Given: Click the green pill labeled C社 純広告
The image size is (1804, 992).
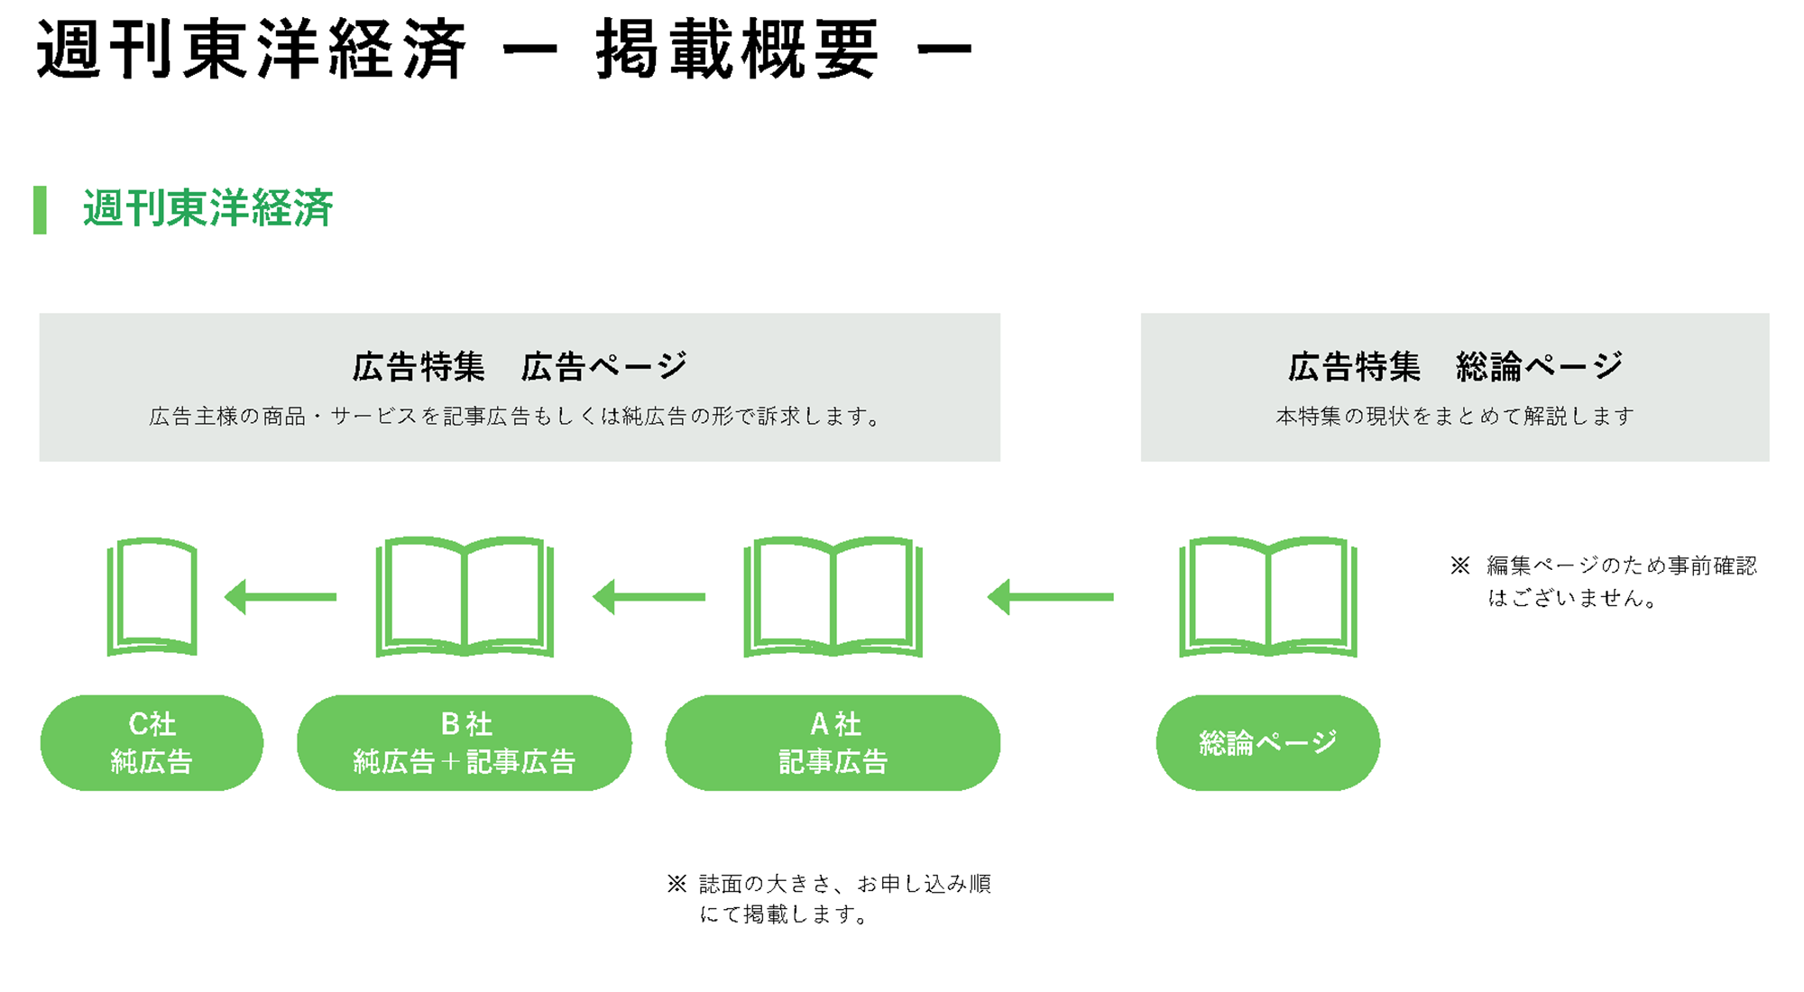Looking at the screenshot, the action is click(152, 742).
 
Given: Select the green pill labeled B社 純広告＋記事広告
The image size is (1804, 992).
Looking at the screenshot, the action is click(464, 742).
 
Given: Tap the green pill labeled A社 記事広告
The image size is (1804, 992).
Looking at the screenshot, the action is click(833, 742).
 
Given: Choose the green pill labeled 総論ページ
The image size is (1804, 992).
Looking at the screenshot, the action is click(1267, 742).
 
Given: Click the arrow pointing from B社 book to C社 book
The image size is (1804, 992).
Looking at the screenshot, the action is click(281, 597).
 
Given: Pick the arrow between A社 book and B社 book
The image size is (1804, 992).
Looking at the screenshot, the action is click(649, 597).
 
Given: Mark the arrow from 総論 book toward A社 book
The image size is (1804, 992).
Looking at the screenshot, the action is click(1051, 597).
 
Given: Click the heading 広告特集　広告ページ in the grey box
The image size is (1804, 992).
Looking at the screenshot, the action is click(520, 367).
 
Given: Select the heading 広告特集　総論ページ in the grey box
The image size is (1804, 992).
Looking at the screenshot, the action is click(1455, 367).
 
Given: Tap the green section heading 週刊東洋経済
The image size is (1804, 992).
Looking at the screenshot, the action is click(208, 208).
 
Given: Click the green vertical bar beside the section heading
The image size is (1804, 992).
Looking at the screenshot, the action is click(40, 210).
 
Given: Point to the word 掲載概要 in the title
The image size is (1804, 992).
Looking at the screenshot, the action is click(737, 50).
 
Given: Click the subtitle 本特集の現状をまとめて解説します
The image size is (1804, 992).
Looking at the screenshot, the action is click(1455, 416).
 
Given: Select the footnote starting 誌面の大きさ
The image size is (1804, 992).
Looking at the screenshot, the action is click(830, 898).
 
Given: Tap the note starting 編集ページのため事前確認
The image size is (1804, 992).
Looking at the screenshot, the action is click(1605, 582).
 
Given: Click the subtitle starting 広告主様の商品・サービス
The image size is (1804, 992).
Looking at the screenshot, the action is click(516, 416).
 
